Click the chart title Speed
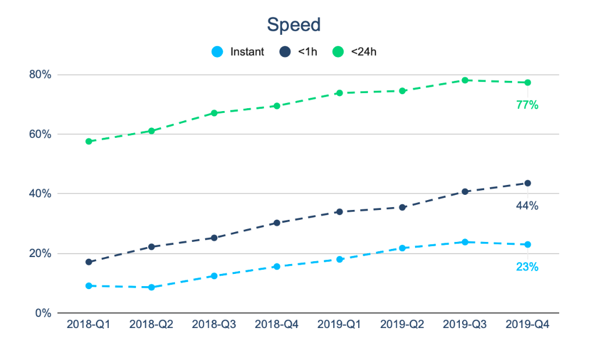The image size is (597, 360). (x=294, y=25)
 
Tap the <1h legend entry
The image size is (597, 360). (x=300, y=52)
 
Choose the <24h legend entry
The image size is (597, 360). (x=355, y=52)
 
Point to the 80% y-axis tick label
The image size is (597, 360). (x=40, y=74)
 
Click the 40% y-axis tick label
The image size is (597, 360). (x=40, y=194)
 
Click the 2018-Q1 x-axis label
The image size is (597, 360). (x=88, y=325)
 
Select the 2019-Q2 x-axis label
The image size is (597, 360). (x=402, y=325)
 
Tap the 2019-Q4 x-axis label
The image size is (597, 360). (x=527, y=325)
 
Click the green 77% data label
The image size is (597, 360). (x=527, y=105)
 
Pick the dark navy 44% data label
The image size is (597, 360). (x=527, y=205)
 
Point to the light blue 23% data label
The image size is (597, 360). (x=527, y=268)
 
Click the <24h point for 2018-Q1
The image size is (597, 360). (x=88, y=141)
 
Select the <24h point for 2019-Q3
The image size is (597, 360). (x=464, y=80)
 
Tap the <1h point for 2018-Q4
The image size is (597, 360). (x=277, y=223)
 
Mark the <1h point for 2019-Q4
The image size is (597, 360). (x=527, y=183)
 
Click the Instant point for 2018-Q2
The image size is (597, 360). (x=151, y=287)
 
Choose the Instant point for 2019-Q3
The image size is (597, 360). (x=464, y=242)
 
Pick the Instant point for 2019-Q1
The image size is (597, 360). (x=339, y=259)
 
